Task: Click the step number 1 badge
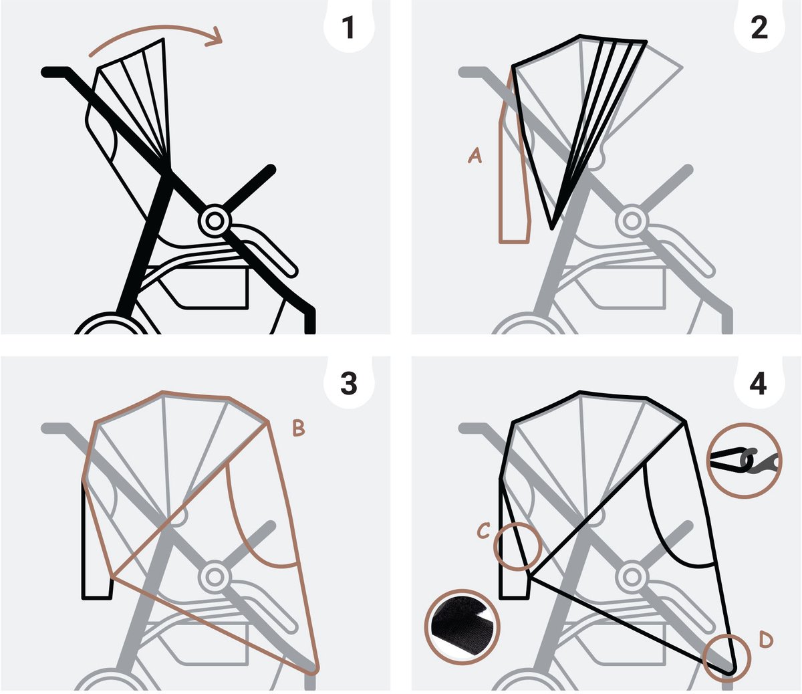(348, 28)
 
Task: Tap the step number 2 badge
(759, 28)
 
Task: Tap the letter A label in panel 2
(475, 156)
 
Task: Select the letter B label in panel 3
(298, 429)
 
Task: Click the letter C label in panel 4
(483, 531)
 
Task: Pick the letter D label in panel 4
(765, 640)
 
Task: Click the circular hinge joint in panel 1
(215, 221)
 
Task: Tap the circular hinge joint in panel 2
(632, 221)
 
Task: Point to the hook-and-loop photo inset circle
(462, 627)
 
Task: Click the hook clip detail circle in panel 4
(744, 461)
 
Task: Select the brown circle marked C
(517, 546)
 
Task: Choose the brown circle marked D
(726, 657)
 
